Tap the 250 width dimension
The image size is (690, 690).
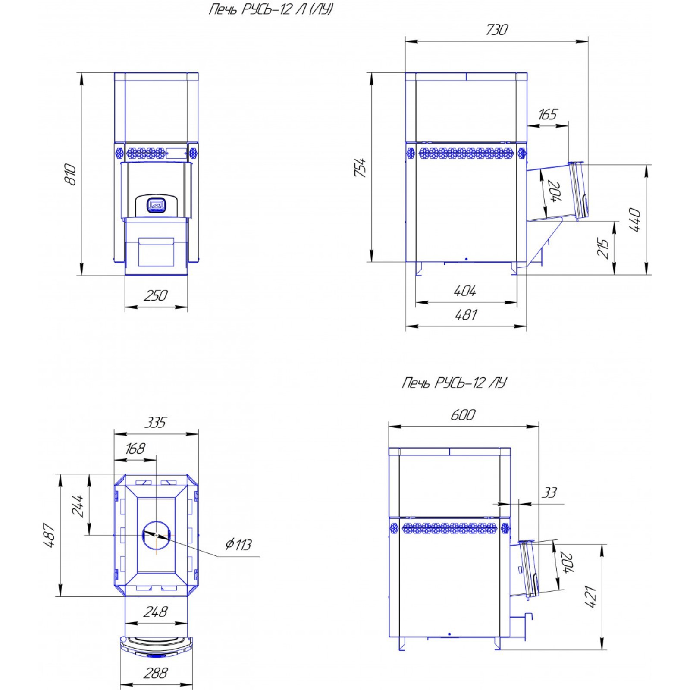coord(156,295)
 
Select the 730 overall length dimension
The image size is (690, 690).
coord(497,29)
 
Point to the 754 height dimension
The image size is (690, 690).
coord(361,167)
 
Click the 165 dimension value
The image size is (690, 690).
coord(548,114)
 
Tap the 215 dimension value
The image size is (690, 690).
coord(602,248)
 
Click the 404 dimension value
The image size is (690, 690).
coord(465,291)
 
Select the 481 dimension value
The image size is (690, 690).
coord(466,315)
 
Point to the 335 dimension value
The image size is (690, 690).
coord(155,422)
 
